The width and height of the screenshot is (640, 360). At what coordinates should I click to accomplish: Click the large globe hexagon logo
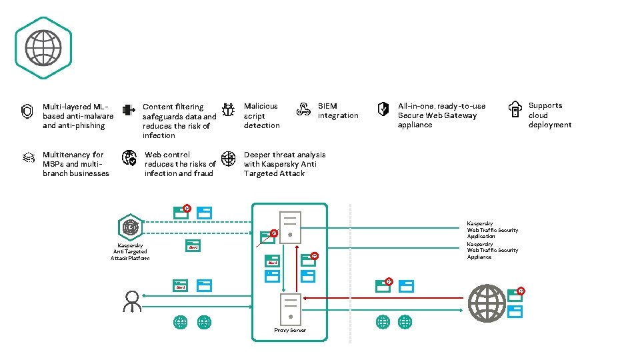43,47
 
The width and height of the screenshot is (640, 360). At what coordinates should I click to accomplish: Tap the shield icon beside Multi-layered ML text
27,111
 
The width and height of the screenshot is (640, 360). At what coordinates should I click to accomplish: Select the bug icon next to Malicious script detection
228,111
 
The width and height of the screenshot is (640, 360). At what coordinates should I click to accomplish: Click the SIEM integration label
337,111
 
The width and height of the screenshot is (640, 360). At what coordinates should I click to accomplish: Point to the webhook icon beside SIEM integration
303,110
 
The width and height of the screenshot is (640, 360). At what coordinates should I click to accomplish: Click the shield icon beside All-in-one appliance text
383,110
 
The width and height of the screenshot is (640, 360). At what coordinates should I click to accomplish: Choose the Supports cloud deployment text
549,115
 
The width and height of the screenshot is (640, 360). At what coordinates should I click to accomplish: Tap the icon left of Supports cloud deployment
515,110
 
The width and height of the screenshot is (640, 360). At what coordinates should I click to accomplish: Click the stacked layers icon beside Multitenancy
27,158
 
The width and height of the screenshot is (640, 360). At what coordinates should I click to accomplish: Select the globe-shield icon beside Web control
129,158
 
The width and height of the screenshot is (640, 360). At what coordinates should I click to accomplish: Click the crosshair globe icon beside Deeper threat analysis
228,158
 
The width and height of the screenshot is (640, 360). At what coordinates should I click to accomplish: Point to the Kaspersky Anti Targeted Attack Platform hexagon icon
130,227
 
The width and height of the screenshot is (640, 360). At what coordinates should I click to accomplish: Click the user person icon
131,301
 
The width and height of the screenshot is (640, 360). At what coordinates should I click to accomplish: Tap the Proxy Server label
290,331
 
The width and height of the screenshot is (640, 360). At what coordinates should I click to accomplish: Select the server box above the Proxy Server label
290,309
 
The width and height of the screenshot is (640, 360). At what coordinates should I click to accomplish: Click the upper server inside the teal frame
290,227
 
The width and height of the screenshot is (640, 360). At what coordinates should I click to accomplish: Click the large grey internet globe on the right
487,303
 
